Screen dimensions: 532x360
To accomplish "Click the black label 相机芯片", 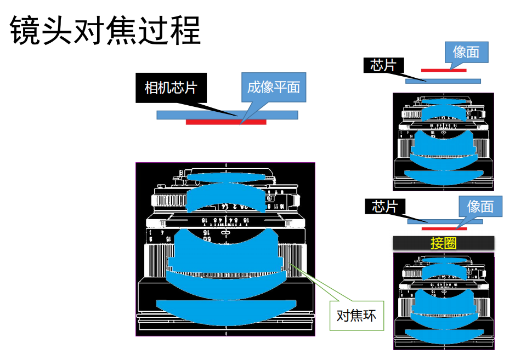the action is pos(171,88).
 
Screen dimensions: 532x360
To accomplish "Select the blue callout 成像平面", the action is pos(273,88).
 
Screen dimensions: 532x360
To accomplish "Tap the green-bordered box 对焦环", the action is pos(356,315).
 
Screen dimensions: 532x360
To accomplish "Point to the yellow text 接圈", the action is pos(444,243).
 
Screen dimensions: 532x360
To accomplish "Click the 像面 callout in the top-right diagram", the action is pos(466,52).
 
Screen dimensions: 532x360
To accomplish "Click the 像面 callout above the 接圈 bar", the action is pos(480,207).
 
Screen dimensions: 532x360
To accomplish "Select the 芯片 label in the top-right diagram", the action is pos(383,66).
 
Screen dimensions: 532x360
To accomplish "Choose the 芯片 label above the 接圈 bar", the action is pos(384,207).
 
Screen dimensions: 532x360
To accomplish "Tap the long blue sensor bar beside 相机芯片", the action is pos(181,115).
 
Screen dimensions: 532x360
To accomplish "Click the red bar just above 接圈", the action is pos(444,228).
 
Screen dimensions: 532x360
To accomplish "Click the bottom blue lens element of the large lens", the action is pos(225,312).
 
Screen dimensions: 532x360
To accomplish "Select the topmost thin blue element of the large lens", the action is pos(226,178).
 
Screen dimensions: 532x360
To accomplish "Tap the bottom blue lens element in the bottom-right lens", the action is pos(444,336).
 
